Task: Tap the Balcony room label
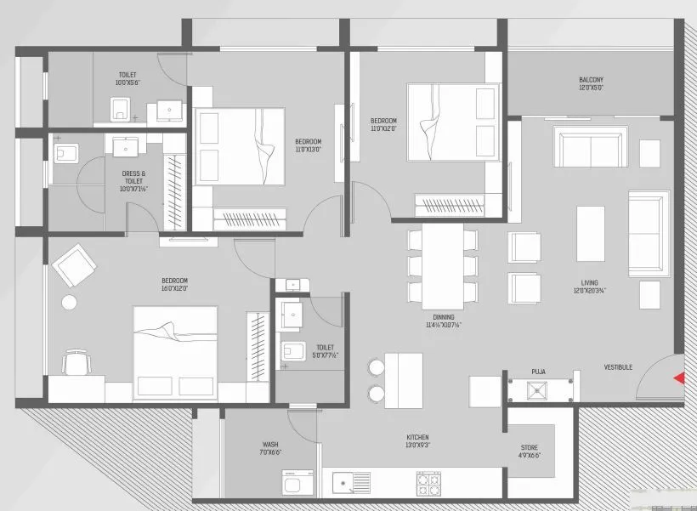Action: (591, 83)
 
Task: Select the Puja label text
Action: (538, 371)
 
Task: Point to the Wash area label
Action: (271, 448)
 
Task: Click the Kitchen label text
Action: (418, 440)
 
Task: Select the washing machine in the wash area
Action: (297, 485)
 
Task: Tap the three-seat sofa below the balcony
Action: (591, 147)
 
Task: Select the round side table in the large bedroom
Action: (69, 303)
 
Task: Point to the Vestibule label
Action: (618, 367)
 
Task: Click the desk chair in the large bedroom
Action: (76, 363)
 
